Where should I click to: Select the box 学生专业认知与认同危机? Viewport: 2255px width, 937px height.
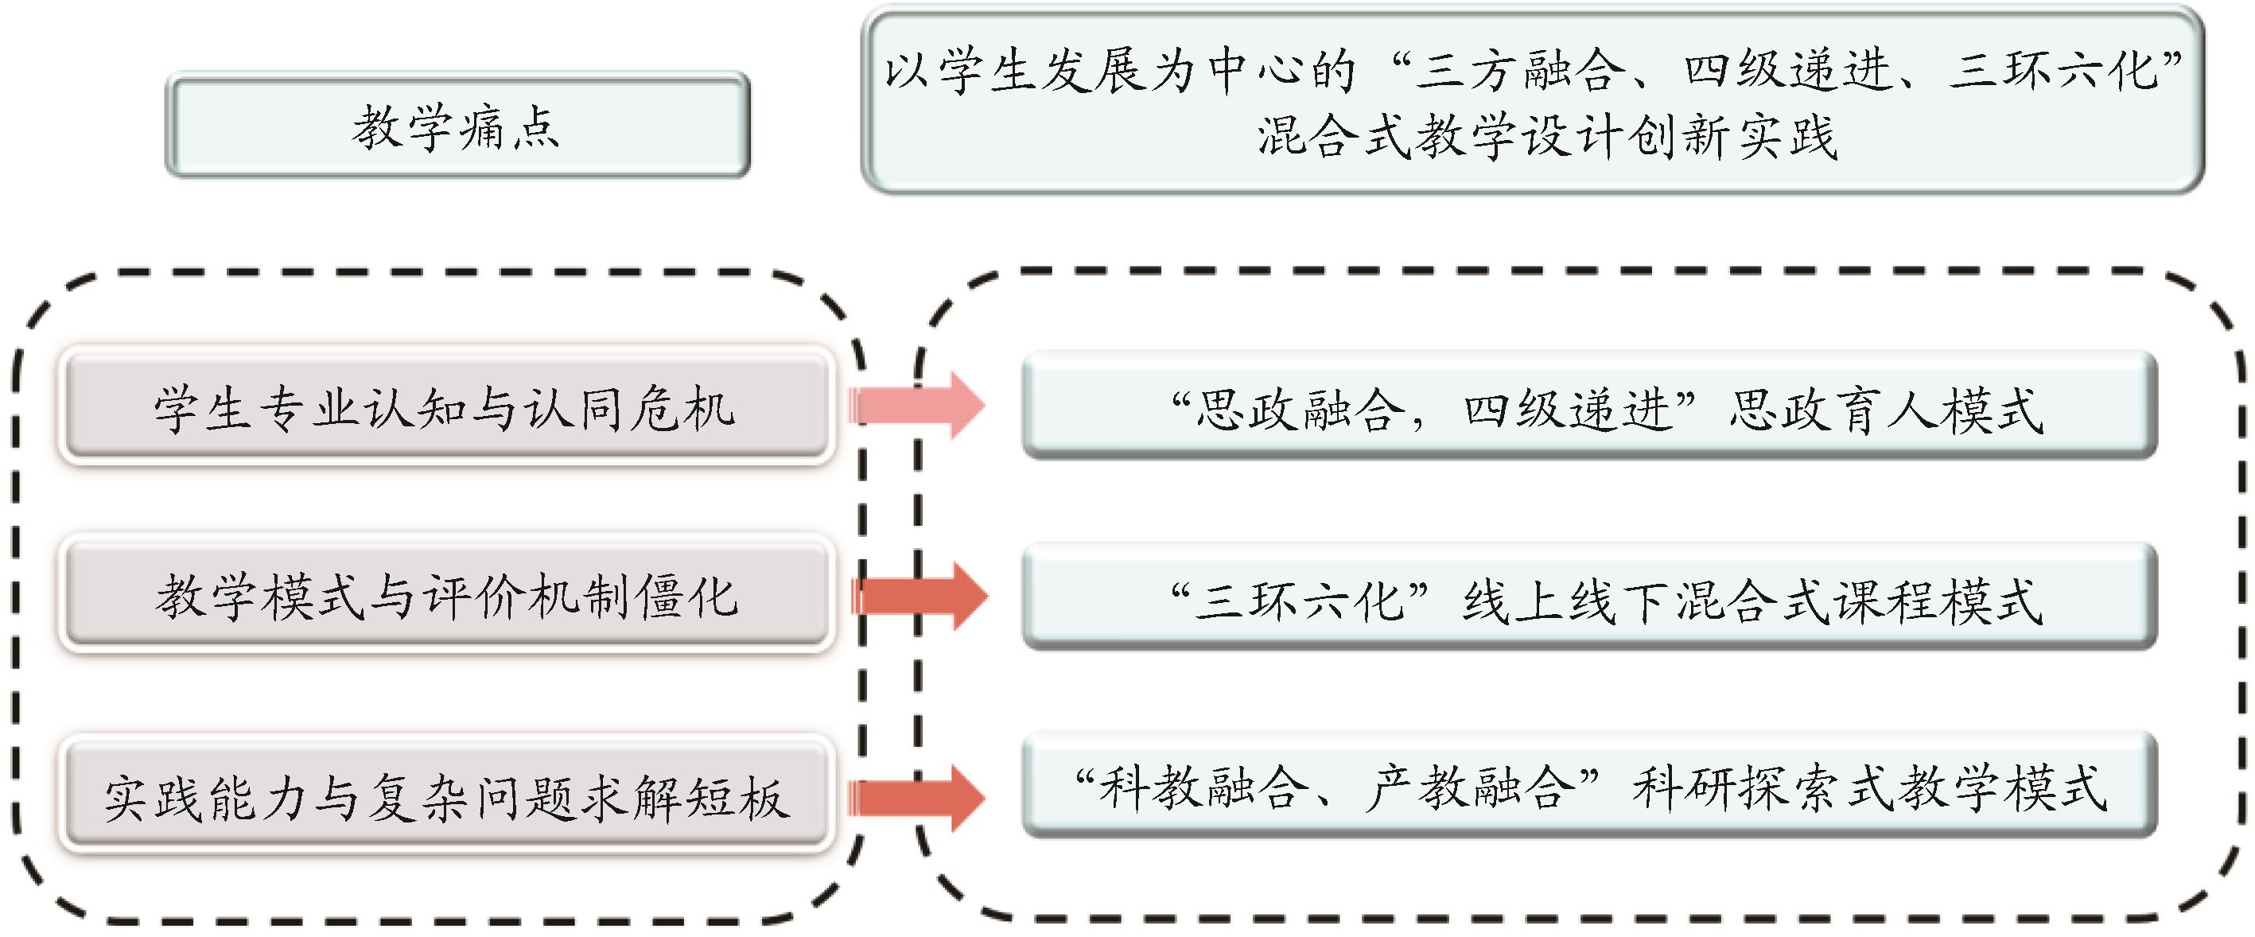point(445,407)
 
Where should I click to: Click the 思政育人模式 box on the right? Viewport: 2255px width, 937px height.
point(1588,407)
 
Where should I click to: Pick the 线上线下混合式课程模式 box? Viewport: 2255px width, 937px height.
point(1588,599)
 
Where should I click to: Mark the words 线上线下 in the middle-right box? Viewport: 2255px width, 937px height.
point(1565,601)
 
